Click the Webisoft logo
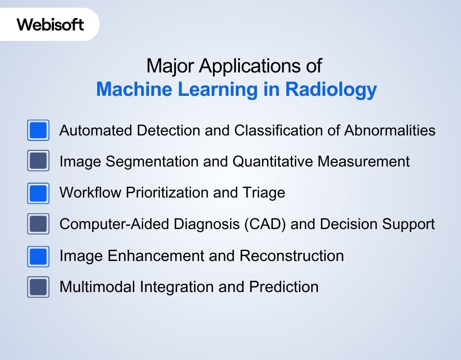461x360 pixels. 50,24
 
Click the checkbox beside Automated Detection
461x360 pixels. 38,130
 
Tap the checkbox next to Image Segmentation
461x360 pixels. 38,161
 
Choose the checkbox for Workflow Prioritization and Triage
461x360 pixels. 38,193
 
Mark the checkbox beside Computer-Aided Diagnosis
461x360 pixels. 38,224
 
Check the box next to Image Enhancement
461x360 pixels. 38,256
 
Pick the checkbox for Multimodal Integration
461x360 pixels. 38,287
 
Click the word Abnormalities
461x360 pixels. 390,130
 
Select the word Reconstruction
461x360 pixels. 292,256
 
